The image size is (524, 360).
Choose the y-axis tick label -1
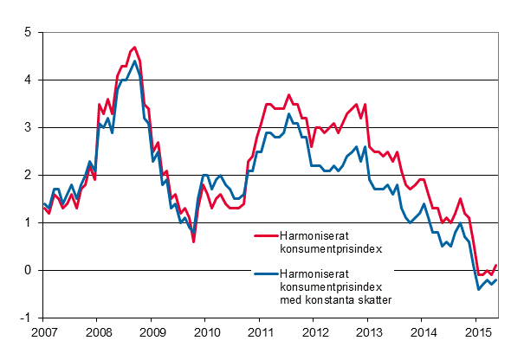pyautogui.click(x=25, y=318)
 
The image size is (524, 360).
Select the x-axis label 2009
pyautogui.click(x=152, y=332)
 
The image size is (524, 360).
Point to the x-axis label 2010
pyautogui.click(x=206, y=332)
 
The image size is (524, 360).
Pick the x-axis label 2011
pyautogui.click(x=261, y=332)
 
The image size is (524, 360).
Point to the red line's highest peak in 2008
pyautogui.click(x=133, y=48)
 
